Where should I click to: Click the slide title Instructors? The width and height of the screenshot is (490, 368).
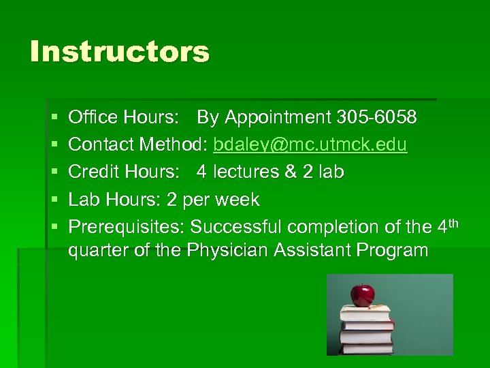click(120, 52)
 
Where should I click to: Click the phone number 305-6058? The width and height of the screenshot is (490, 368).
click(376, 118)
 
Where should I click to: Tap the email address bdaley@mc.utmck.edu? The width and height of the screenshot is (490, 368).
click(310, 145)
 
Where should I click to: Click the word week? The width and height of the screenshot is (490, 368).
click(235, 200)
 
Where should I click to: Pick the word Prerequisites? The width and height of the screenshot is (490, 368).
click(127, 227)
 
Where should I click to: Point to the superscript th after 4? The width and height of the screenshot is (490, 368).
click(455, 221)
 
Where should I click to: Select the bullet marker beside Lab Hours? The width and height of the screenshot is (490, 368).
click(55, 200)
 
